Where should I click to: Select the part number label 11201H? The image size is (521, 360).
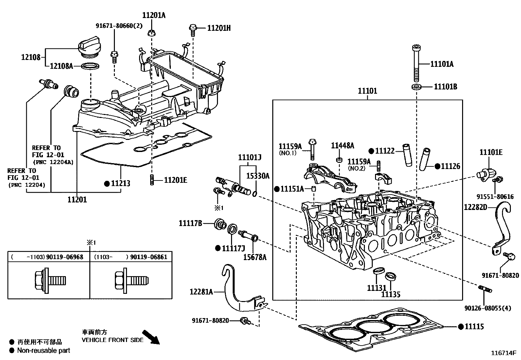coord(219,28)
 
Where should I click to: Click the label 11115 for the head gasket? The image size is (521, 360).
coord(474,326)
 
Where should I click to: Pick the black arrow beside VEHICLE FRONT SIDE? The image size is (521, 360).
coord(151,338)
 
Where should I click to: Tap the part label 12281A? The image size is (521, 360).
coord(201,291)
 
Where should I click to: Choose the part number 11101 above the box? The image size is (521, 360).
coord(367,91)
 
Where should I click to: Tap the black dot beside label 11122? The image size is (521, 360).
coord(371,151)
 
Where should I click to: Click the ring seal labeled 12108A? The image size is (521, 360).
coord(90,66)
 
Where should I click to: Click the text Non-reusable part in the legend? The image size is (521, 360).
coord(44,351)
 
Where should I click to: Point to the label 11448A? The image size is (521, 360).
coord(342,145)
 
